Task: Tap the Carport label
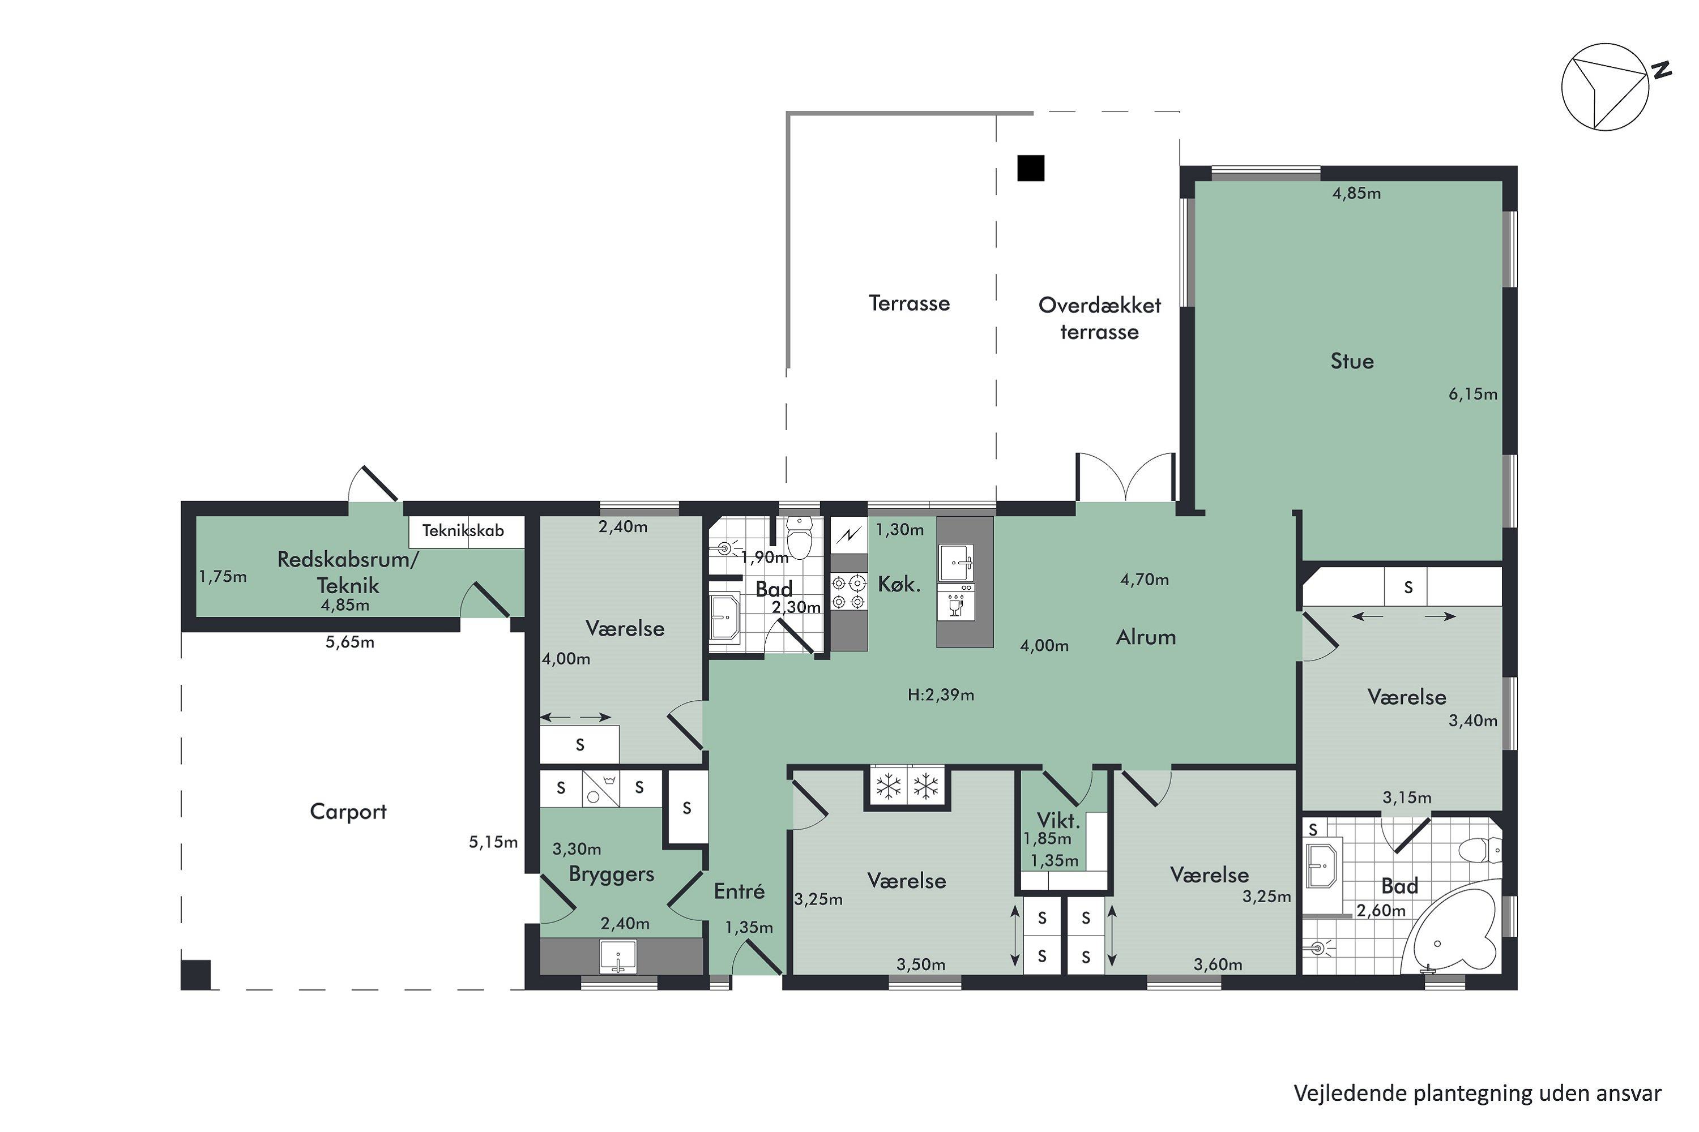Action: pos(348,812)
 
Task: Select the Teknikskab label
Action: pos(463,531)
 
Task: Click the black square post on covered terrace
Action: pos(1031,168)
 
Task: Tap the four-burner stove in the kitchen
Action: pos(849,590)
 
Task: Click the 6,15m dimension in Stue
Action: pos(1473,394)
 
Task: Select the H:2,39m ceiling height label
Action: pos(941,694)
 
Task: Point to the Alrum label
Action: pos(1146,637)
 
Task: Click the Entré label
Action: pos(739,891)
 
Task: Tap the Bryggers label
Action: pos(611,874)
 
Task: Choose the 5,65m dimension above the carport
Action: pos(349,642)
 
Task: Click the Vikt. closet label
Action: pos(1058,820)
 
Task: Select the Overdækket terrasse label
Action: pos(1099,318)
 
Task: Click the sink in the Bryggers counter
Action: pos(618,957)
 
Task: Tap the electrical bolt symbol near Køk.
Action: pos(849,535)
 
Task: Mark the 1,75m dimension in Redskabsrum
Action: pos(223,577)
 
